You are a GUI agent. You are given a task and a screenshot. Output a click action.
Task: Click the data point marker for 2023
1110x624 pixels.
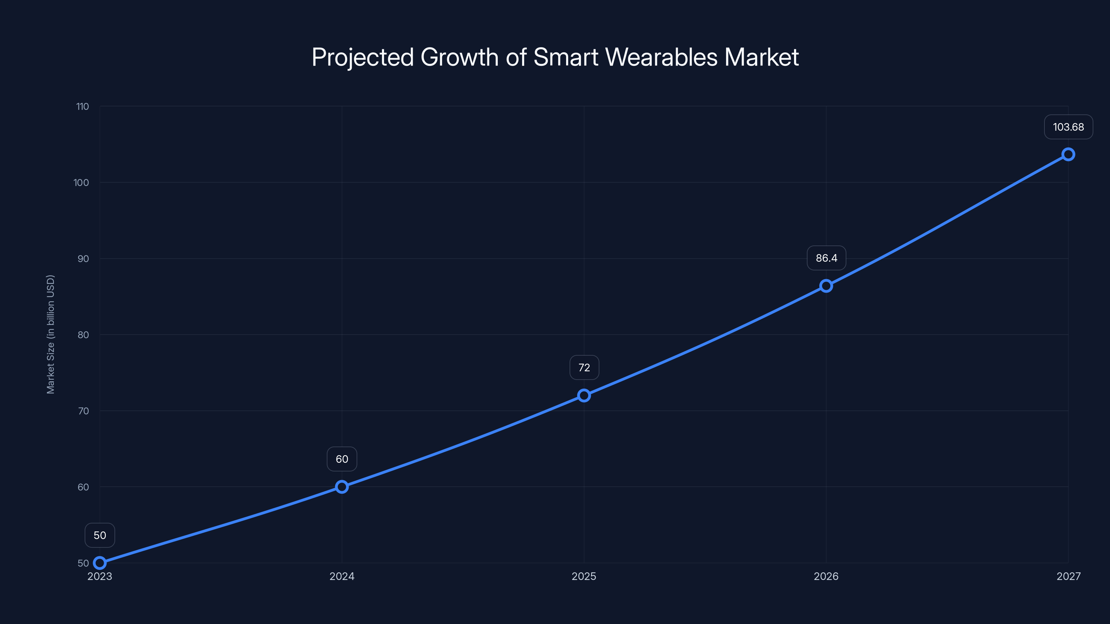click(x=100, y=563)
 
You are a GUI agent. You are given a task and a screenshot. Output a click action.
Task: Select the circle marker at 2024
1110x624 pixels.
click(x=342, y=487)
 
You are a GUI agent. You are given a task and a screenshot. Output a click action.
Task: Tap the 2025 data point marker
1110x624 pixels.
click(x=584, y=395)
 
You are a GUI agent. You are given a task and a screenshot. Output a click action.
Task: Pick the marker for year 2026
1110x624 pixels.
click(x=826, y=286)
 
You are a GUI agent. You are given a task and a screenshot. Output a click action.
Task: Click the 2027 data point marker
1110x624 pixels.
click(x=1068, y=154)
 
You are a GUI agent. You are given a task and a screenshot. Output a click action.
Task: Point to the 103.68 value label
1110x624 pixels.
click(x=1068, y=127)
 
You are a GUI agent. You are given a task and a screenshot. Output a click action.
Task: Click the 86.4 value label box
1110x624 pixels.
click(x=826, y=258)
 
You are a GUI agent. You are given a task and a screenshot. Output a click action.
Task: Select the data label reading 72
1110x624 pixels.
click(x=584, y=367)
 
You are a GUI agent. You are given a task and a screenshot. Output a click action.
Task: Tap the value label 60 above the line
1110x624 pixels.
click(x=342, y=459)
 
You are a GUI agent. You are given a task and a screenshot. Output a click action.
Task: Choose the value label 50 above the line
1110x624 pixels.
click(x=100, y=535)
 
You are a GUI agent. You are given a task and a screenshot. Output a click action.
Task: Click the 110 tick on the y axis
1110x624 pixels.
click(x=82, y=106)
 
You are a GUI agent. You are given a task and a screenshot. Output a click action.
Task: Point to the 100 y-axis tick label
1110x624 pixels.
click(x=81, y=183)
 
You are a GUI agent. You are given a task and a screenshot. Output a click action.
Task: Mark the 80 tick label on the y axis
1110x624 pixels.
click(x=83, y=335)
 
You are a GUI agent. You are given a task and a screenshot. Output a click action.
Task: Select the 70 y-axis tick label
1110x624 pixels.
click(x=83, y=411)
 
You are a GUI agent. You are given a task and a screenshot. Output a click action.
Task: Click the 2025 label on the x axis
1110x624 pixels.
click(x=584, y=576)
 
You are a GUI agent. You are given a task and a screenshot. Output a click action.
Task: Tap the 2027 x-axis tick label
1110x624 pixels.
click(x=1068, y=576)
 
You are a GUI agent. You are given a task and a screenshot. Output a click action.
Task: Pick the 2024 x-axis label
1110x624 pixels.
click(x=342, y=576)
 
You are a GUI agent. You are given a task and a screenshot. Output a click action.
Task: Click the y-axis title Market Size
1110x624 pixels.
click(x=50, y=334)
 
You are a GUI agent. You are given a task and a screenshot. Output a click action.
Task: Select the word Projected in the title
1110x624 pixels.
click(x=362, y=57)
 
